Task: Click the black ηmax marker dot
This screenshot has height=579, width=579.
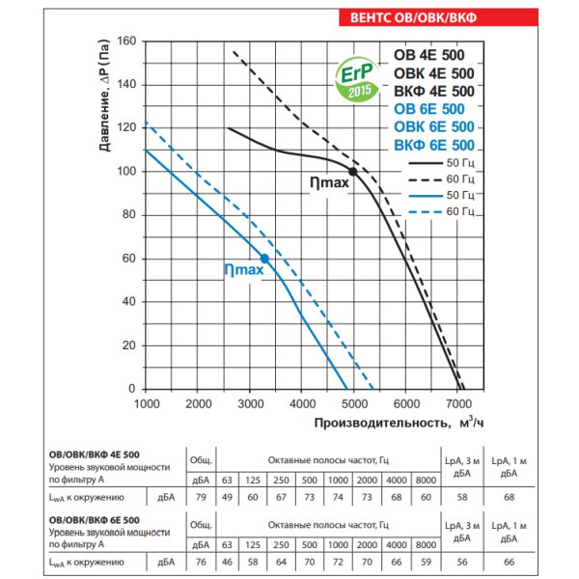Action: tap(353, 172)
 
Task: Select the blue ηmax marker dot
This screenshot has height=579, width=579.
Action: tap(264, 259)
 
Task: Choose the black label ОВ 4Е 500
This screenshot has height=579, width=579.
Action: tap(434, 54)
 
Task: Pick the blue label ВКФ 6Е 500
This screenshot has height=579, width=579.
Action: tap(434, 145)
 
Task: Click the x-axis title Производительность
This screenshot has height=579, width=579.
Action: tap(381, 422)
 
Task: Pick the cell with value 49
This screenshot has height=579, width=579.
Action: tap(226, 497)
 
